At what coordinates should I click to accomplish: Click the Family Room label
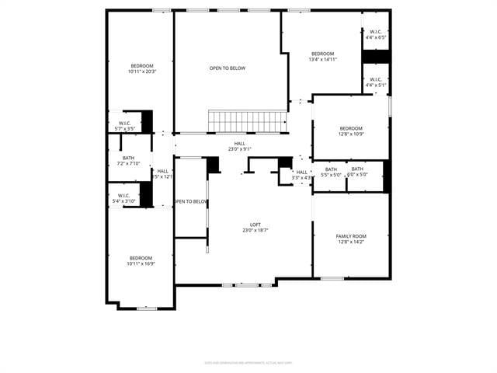coord(351,236)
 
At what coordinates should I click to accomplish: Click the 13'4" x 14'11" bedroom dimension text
coord(322,59)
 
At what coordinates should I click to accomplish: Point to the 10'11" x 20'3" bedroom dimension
coord(141,72)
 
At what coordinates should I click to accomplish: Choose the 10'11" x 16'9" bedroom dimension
coord(141,264)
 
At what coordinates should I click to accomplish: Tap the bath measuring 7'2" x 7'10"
coord(128,161)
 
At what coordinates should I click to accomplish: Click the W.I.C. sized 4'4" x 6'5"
coord(376,34)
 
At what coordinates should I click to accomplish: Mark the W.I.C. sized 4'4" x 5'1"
coord(375,82)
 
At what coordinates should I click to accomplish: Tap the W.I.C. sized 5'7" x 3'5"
coord(125,126)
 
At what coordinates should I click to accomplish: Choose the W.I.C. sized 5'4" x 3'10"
coord(124,198)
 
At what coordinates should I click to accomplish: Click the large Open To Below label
coord(227,68)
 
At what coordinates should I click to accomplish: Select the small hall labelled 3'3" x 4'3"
coord(301,175)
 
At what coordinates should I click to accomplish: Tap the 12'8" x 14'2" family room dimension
coord(351,242)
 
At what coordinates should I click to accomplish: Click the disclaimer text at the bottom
coord(248,362)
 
